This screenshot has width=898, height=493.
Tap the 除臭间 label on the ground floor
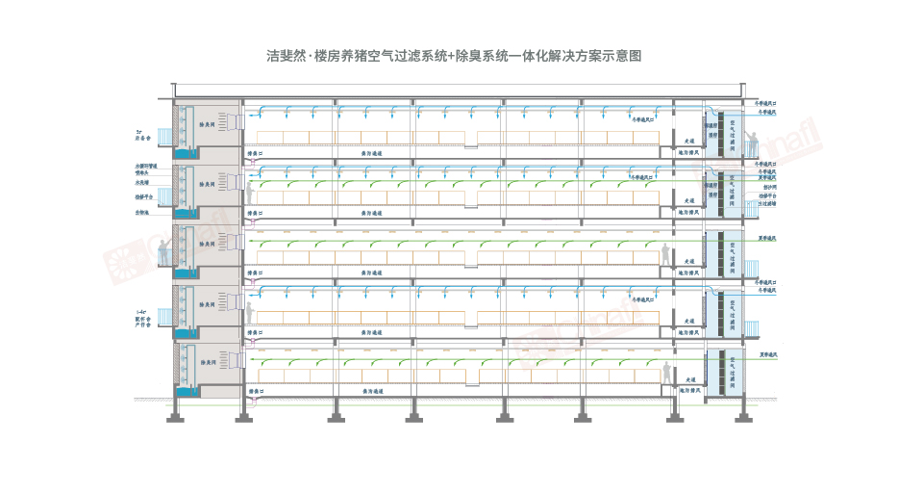pyautogui.click(x=207, y=363)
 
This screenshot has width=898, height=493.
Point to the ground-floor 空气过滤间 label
pyautogui.click(x=734, y=368)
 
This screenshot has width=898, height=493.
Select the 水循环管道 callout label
pyautogui.click(x=146, y=167)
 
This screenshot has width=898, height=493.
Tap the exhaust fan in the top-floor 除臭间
pyautogui.click(x=231, y=122)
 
